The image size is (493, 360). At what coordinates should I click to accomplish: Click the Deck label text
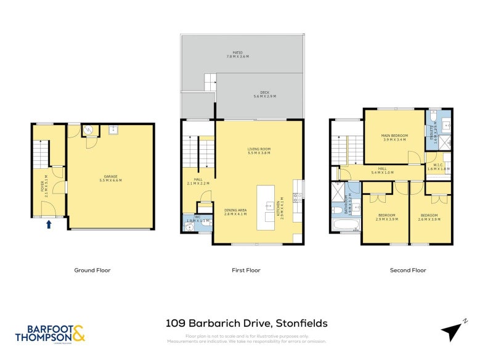point(265,94)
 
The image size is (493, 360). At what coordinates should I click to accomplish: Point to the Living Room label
point(259,151)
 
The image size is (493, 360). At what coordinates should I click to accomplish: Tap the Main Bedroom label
point(394,137)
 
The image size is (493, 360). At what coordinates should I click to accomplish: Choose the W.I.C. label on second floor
point(438,166)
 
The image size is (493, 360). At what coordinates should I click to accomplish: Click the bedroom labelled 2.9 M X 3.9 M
point(385,217)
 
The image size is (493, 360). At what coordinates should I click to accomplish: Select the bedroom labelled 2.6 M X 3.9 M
point(430,217)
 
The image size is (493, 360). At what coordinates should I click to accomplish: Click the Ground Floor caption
point(92,270)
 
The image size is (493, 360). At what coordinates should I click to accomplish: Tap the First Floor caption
point(246,270)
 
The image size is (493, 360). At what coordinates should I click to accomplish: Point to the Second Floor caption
point(407,270)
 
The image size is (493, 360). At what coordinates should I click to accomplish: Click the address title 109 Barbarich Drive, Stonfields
point(246,322)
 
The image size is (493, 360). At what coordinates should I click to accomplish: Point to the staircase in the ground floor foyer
point(41,154)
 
